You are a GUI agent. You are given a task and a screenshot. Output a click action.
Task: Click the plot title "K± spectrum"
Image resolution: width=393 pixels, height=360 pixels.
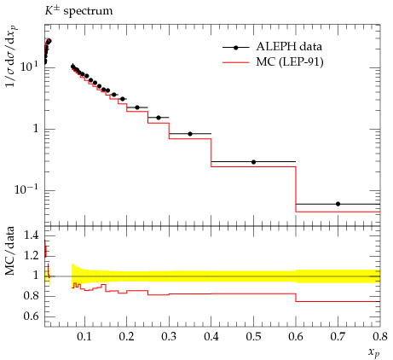coord(78,11)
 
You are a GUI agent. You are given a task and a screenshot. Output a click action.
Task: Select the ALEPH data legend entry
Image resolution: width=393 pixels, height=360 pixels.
coord(272,47)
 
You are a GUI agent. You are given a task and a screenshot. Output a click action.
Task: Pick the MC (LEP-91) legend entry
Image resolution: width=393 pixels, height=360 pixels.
coord(273,62)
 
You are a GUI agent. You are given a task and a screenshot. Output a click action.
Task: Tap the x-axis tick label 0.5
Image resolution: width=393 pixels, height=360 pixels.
coord(253,337)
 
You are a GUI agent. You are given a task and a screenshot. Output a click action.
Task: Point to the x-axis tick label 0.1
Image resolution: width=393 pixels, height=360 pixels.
coord(84,337)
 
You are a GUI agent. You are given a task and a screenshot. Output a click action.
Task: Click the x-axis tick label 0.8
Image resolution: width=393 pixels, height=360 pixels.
coord(379,337)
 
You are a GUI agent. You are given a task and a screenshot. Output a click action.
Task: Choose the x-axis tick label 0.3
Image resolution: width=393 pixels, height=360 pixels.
coord(169,337)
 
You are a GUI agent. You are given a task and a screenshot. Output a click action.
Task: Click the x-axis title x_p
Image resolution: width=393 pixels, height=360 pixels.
coord(374,352)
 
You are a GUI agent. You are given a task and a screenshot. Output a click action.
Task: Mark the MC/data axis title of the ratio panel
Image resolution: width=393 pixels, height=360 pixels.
coord(10,251)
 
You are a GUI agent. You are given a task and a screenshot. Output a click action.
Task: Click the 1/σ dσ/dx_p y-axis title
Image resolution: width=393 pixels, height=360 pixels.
coord(11,56)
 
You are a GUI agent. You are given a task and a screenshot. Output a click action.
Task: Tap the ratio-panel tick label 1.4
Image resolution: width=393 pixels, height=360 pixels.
coord(31,235)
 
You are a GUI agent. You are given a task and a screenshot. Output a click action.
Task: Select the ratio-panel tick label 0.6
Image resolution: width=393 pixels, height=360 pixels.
coord(31,316)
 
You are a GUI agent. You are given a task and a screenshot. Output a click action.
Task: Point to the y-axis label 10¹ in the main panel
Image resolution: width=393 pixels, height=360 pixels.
coord(29,67)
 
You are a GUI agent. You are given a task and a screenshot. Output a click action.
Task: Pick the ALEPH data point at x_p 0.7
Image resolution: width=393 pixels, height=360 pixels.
coord(338,204)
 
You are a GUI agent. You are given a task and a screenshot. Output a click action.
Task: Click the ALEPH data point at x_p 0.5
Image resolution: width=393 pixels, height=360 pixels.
coord(254,162)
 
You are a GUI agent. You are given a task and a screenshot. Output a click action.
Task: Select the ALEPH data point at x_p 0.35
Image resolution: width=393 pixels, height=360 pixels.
coord(190,134)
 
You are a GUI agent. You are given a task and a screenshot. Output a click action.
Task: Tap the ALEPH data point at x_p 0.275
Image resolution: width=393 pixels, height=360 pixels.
coord(159,118)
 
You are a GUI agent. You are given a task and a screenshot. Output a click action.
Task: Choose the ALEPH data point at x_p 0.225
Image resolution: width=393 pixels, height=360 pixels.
coord(137,107)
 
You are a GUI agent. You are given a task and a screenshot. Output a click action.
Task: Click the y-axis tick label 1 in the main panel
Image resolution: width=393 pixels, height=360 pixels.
coord(36,129)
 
